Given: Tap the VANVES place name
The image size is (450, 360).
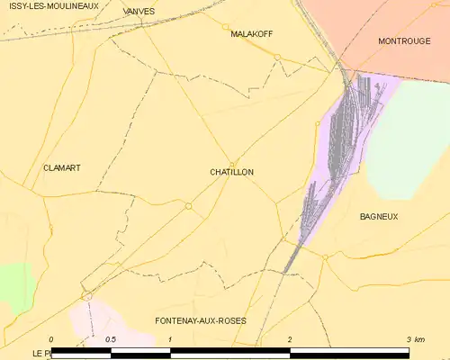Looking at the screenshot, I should (x=139, y=12).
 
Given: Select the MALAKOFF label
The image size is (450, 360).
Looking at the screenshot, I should (x=251, y=34).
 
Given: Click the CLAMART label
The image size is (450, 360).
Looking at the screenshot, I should (x=62, y=168).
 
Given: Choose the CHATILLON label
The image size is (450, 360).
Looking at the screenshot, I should (x=231, y=172).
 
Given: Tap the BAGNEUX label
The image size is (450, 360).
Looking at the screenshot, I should (x=379, y=217).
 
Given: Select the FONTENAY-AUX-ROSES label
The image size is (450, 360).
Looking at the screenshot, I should (x=201, y=321).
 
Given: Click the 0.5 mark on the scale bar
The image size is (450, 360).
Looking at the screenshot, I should (x=111, y=339).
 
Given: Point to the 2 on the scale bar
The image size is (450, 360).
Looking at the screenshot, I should (x=290, y=339).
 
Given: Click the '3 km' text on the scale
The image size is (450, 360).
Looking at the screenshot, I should (x=415, y=339).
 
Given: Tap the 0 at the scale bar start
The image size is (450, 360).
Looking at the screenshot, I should (x=51, y=339).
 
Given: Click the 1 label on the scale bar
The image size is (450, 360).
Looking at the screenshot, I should (x=170, y=339).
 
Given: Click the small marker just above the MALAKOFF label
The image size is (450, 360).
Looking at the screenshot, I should (x=226, y=26).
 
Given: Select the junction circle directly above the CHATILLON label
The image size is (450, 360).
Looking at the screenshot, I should (x=232, y=163).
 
